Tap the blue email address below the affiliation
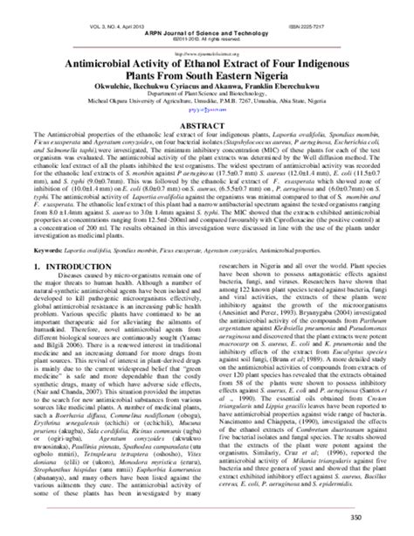pos(207,112)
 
